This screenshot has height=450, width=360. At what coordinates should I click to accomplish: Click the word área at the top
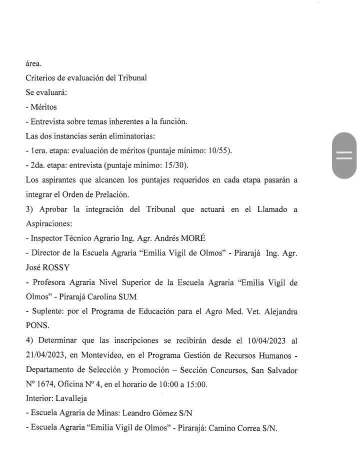click(x=33, y=64)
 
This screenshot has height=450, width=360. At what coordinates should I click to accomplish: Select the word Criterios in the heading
click(x=40, y=79)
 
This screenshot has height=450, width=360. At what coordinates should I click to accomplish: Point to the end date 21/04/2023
click(x=45, y=355)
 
